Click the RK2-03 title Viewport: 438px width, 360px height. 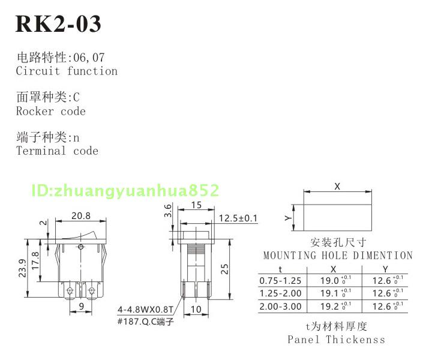(58, 23)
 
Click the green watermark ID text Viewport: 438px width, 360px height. (125, 191)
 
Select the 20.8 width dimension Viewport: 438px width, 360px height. (81, 216)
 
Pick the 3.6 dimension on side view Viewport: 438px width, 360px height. (169, 211)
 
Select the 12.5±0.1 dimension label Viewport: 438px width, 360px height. (238, 218)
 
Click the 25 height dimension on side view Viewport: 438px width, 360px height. (223, 268)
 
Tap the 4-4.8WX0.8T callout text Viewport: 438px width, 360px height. (145, 310)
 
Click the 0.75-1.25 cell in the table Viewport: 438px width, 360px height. (280, 280)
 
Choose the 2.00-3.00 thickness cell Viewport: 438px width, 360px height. (280, 307)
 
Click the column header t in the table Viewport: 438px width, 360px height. (280, 269)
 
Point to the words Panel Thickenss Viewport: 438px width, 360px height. (336, 340)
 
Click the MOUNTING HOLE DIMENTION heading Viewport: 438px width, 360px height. (338, 256)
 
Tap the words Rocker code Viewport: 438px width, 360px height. (51, 111)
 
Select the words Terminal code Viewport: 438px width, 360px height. (57, 151)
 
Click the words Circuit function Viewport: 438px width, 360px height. (67, 71)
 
